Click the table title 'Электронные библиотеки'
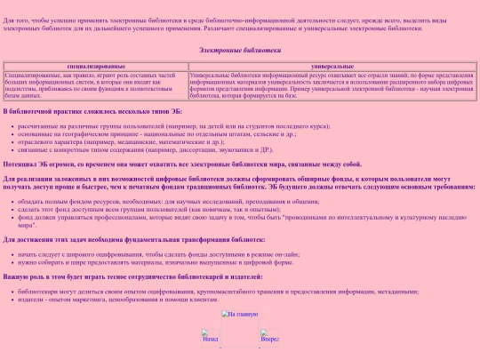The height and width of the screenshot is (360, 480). click(240, 51)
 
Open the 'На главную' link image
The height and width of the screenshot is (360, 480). click(240, 314)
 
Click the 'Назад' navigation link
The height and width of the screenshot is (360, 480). click(211, 338)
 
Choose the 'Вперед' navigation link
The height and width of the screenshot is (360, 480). click(269, 338)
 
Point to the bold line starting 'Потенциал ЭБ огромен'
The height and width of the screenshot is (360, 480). click(182, 164)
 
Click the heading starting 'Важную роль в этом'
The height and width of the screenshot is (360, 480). click(133, 277)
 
